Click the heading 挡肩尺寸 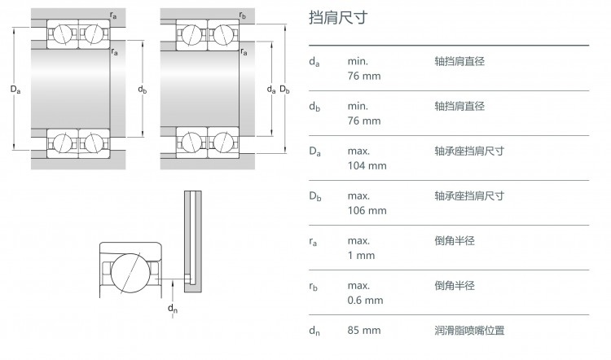(338, 18)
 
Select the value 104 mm (367, 165)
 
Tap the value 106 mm (367, 210)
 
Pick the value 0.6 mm (365, 300)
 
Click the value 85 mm (364, 330)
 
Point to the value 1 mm (361, 255)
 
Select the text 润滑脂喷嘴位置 (469, 331)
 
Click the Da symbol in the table (314, 151)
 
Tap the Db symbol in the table (314, 196)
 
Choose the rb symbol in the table (314, 287)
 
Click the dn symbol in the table (314, 331)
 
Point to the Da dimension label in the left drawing (15, 90)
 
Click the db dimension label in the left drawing (143, 90)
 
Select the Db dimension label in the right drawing (285, 90)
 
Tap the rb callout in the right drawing (243, 15)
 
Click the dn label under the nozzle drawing (173, 309)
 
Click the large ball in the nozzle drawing (130, 273)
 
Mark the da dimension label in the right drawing (271, 90)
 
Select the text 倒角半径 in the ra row (455, 241)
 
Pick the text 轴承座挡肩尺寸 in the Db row (469, 196)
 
